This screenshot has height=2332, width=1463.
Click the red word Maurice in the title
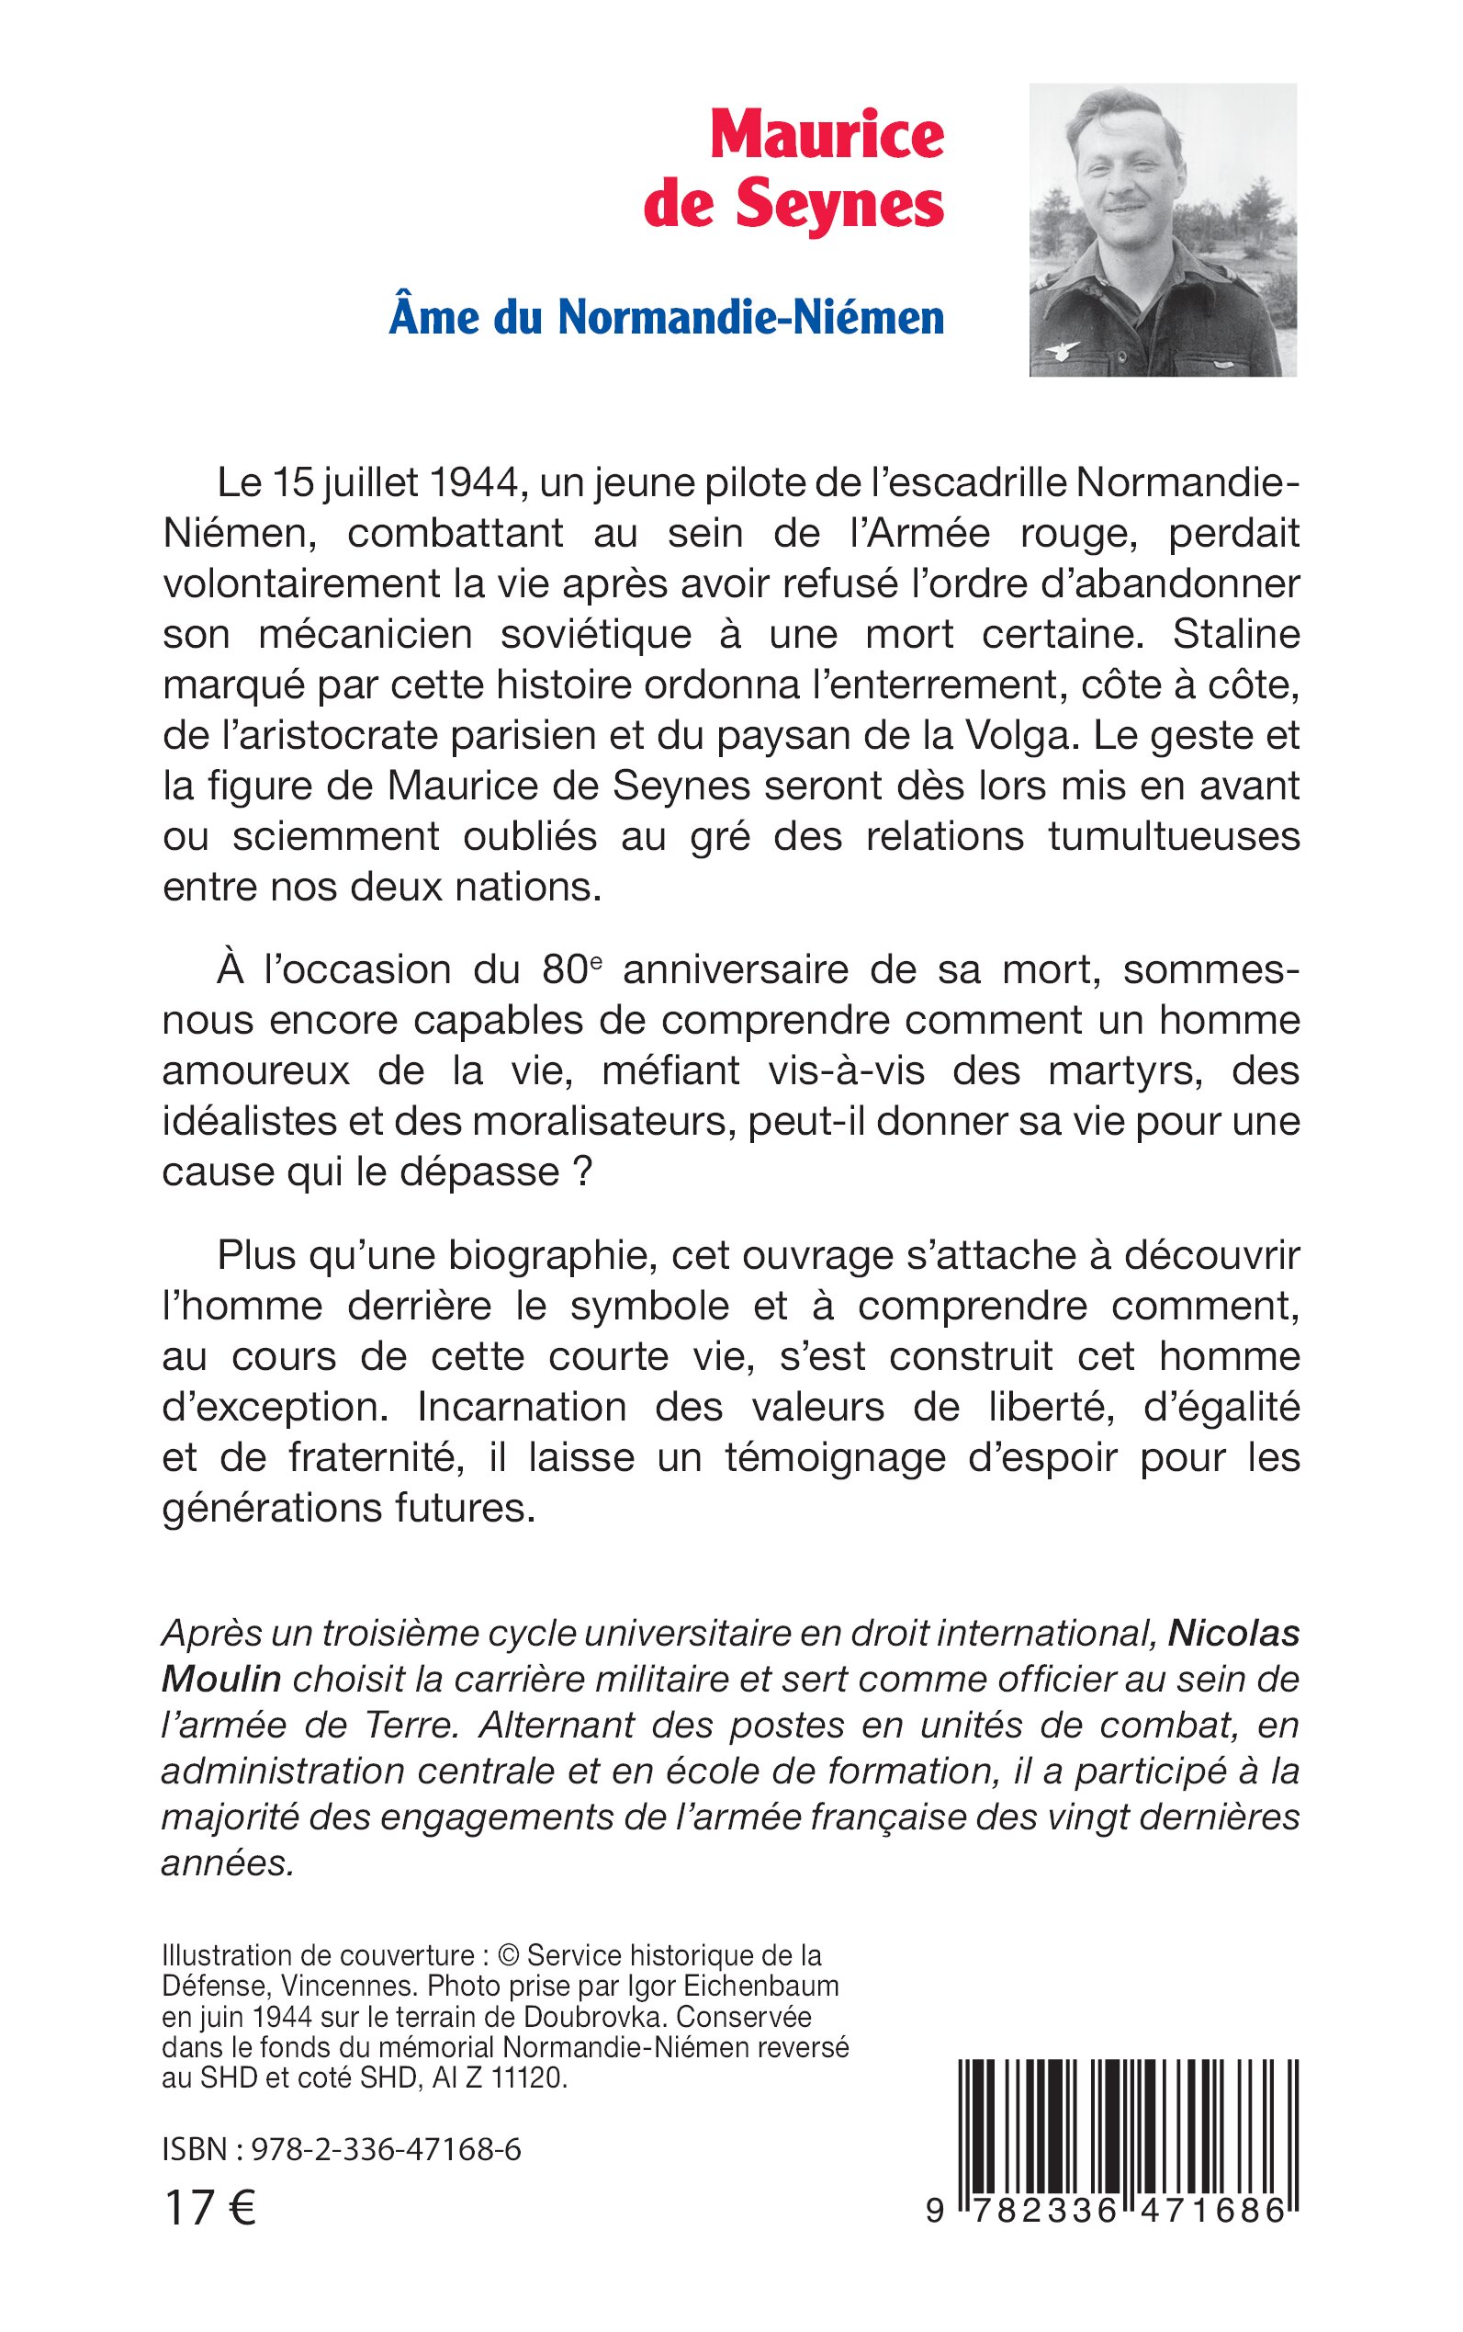tap(827, 135)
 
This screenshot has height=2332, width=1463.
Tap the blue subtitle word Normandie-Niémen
tap(751, 318)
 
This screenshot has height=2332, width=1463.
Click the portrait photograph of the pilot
tap(1162, 230)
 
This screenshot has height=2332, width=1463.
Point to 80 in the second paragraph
tap(559, 970)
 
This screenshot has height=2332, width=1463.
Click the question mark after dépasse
tap(580, 1172)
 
